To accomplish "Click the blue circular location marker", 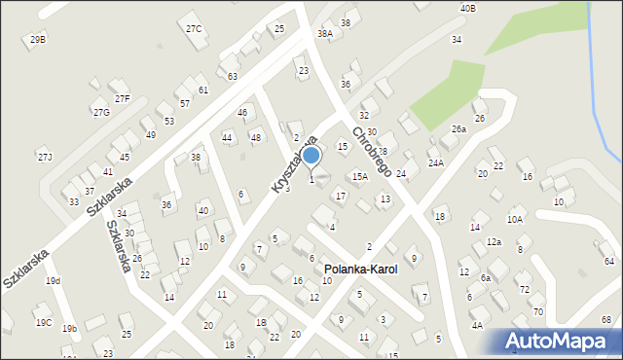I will tap(311, 155).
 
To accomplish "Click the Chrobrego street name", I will tap(371, 151).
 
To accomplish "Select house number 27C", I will tap(194, 29).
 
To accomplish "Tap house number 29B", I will tap(37, 39).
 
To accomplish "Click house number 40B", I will tap(468, 9).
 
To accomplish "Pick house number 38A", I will tap(325, 34).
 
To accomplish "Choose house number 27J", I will tap(45, 157).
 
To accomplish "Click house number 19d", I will tap(53, 281).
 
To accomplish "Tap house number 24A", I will tap(435, 163).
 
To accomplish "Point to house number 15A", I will tap(360, 177).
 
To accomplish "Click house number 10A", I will tap(515, 220).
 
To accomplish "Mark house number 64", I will tap(608, 261).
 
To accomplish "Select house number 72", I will tap(524, 290).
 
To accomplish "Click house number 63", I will tap(232, 76).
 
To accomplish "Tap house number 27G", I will tap(101, 113).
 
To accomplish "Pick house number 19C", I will tap(43, 323).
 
